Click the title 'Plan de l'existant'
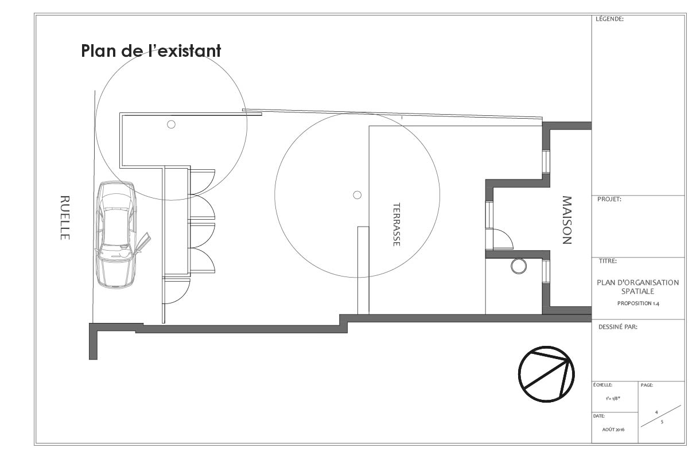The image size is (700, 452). pos(151,50)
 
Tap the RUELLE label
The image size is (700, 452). pos(65,217)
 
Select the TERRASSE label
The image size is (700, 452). pos(396,224)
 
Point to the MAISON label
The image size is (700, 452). pos(566,220)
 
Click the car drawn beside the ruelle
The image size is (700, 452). pos(116,235)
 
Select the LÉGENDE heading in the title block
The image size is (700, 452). pos(609,19)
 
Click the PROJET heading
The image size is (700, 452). pos(609,200)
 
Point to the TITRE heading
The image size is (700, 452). pos(607,261)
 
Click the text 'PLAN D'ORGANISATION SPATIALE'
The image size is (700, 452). pos(637,287)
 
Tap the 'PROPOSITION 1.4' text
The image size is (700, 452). pos(637,303)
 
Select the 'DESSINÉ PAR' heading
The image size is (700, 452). pos(618,327)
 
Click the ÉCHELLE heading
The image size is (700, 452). pos(603,385)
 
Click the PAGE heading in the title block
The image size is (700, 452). pos(647,385)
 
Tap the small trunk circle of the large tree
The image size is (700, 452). pos(357,195)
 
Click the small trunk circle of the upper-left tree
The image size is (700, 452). pos(170,124)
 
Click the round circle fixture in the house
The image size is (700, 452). pos(519,266)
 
